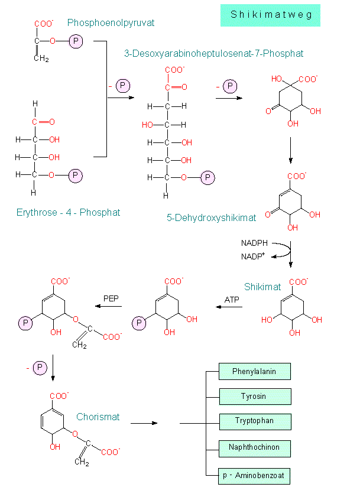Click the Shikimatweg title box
click(x=270, y=15)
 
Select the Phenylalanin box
click(x=255, y=372)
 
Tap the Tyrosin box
click(x=255, y=397)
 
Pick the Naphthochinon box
click(x=255, y=448)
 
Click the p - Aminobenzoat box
click(x=255, y=476)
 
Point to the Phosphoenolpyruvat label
click(x=111, y=23)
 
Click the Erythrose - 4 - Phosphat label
click(x=69, y=212)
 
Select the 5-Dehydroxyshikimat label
click(x=211, y=217)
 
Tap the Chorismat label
click(x=98, y=417)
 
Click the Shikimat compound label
click(x=262, y=287)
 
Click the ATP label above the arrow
click(x=232, y=300)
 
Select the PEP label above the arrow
click(x=112, y=298)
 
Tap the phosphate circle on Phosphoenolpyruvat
click(x=76, y=41)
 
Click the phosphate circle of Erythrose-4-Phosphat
click(x=76, y=176)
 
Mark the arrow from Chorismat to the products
click(x=144, y=423)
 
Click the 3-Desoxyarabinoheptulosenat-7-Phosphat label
click(x=213, y=54)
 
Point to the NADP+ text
click(x=252, y=256)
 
